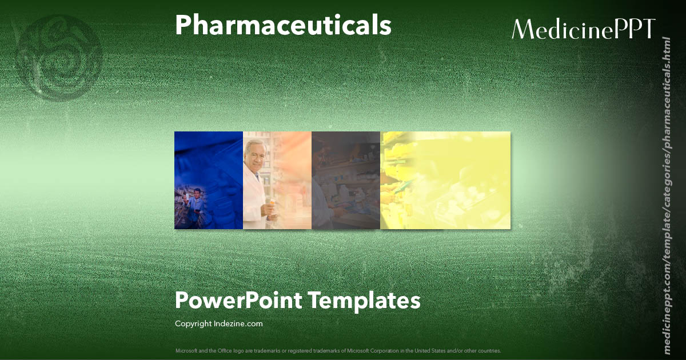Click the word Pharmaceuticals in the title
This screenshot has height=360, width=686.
(x=283, y=26)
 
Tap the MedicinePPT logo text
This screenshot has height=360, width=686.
(x=583, y=29)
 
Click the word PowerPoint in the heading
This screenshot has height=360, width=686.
(x=238, y=300)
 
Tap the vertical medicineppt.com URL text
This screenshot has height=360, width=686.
(x=666, y=194)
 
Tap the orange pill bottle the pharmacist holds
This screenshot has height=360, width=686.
(x=272, y=203)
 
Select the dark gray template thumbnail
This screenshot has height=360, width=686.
(x=346, y=180)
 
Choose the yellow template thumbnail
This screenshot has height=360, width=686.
(x=445, y=180)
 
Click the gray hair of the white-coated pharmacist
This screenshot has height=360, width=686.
(x=253, y=145)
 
